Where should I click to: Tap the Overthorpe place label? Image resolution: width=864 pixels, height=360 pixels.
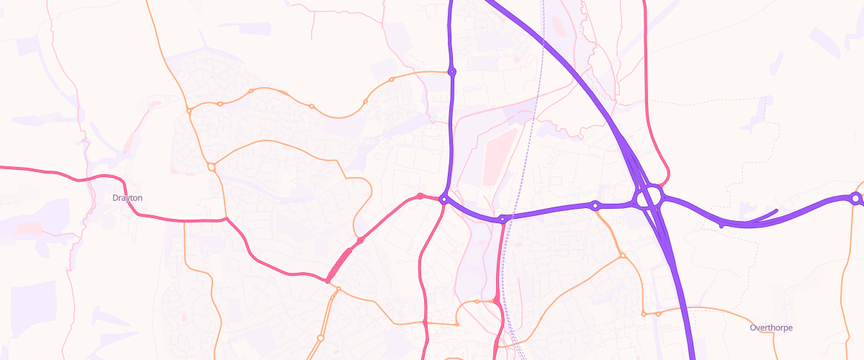(770, 328)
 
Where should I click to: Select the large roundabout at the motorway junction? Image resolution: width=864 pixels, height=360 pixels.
(649, 197)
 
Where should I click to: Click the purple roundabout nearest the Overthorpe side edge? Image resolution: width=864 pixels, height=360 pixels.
(855, 198)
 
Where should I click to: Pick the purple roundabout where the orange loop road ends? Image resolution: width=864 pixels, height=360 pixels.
(452, 72)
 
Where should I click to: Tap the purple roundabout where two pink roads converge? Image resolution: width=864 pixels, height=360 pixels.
(444, 199)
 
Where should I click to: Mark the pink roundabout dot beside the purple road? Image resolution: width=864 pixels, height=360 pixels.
(420, 196)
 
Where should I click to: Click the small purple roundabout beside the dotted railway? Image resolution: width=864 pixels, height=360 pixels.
(502, 218)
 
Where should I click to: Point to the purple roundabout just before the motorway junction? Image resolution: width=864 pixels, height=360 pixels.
(595, 206)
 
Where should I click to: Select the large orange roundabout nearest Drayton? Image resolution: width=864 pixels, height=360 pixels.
(212, 167)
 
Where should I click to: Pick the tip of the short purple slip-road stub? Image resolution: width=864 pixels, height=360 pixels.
(776, 210)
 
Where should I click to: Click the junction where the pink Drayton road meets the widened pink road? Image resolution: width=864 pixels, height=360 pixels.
(328, 280)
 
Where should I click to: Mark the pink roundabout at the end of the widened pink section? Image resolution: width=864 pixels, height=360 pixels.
(360, 240)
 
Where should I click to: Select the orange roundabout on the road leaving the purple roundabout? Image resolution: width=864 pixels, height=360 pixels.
(623, 256)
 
